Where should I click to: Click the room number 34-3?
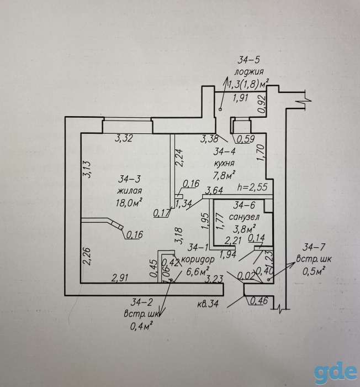coord(129,179)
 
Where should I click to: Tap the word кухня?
coord(224,164)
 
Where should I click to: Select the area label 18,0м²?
coord(129,202)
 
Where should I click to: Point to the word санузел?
coord(244,217)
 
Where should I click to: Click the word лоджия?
coord(249,72)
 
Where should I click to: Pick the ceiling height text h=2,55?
coord(252,187)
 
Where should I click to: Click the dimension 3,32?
coord(124,138)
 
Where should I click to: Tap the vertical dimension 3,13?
coord(88,169)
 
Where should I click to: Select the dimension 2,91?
coord(120,278)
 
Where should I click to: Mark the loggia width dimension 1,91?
coord(240,98)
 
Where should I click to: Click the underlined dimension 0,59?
coord(246,139)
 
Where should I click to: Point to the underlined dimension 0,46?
coord(259,301)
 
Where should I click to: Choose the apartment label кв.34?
coord(208,304)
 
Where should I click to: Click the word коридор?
coord(198,260)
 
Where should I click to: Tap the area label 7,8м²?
coord(224,175)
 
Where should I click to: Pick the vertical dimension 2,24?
coord(179,158)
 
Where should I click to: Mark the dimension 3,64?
coord(214,191)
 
